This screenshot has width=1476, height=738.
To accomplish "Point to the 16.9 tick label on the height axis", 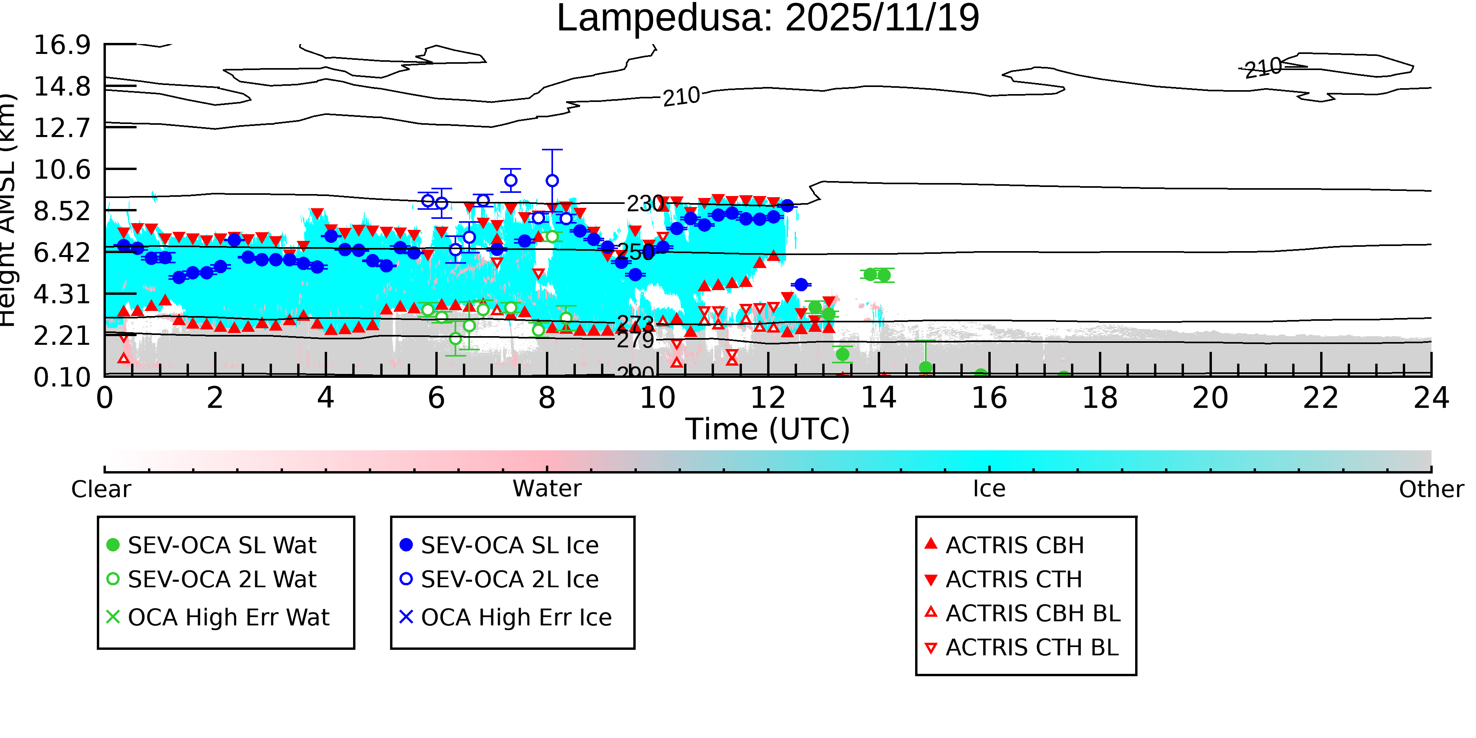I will pos(62,45).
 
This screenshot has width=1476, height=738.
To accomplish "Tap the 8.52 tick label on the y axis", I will pos(62,211).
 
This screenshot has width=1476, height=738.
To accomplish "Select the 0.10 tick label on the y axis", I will pos(62,377).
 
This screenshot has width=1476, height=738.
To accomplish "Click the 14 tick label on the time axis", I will pos(879,398).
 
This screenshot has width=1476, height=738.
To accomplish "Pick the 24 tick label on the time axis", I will pos(1431,398).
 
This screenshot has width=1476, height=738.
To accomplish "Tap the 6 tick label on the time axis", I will pos(436,398).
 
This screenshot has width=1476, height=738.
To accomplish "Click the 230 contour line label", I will pos(645,203).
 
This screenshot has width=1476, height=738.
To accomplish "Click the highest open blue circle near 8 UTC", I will pos(552,181).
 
